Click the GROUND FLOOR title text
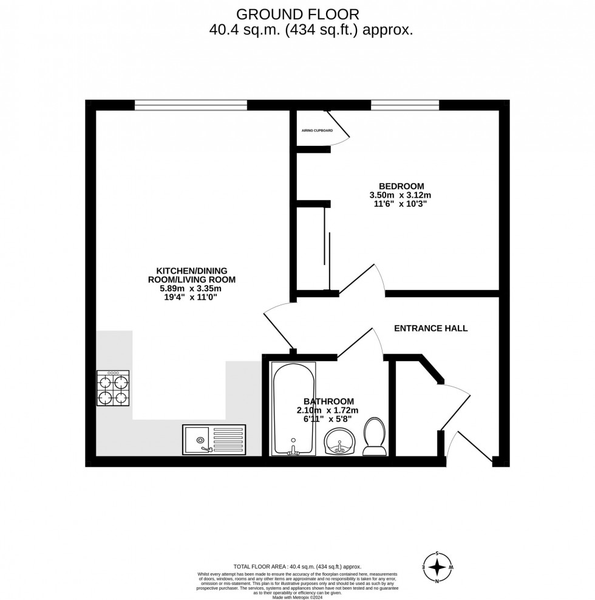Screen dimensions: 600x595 297,13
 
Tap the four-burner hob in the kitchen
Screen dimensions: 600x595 113,389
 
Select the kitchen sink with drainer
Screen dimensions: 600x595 214,440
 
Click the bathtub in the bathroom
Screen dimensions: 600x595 294,409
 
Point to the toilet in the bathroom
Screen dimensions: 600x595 374,436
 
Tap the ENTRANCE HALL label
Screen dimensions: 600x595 430,328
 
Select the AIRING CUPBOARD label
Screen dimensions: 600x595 317,131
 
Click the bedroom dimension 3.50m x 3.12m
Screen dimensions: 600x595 401,195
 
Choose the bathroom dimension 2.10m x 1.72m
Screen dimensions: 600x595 328,410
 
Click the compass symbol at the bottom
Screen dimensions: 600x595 437,567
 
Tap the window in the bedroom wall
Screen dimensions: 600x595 404,105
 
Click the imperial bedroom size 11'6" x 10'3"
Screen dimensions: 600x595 401,204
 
